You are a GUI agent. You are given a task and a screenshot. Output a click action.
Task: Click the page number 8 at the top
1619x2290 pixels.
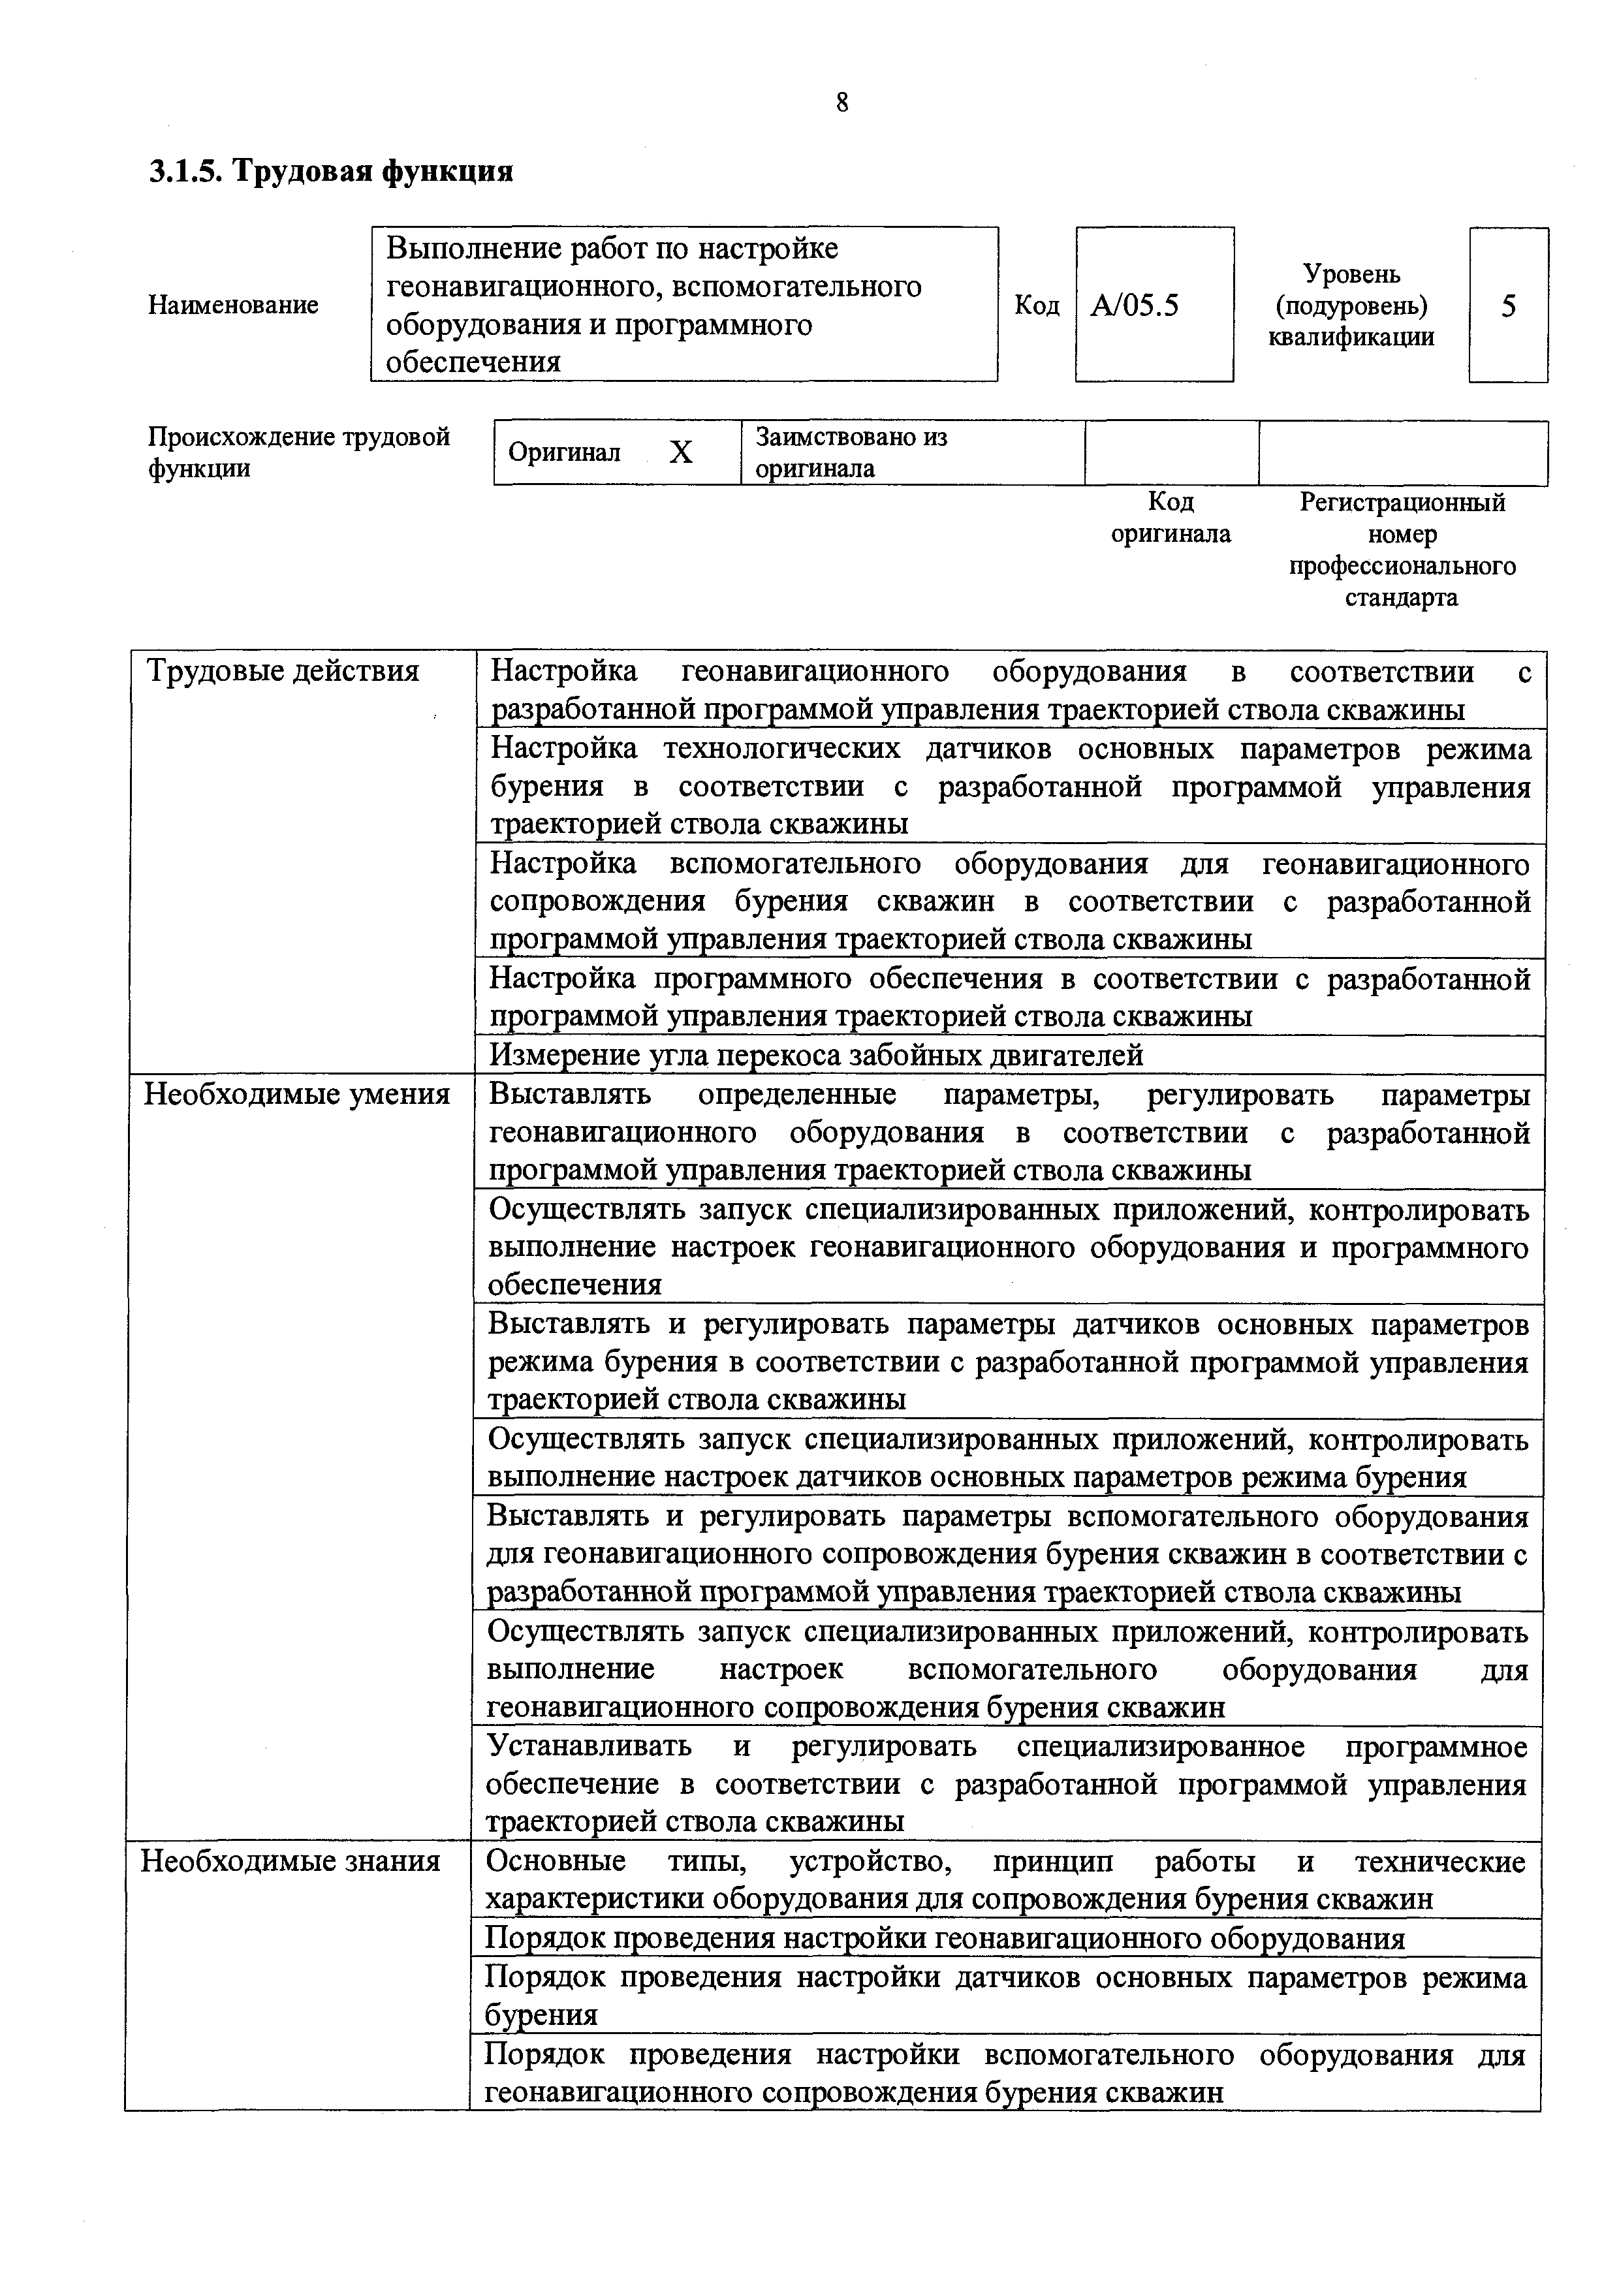tap(842, 102)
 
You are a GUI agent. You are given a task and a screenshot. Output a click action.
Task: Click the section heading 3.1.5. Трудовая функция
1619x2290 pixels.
tap(331, 172)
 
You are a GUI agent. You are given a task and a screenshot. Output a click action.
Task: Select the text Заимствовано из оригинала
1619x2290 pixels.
tap(851, 453)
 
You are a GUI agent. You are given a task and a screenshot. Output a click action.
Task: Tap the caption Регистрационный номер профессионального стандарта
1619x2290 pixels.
tap(1402, 550)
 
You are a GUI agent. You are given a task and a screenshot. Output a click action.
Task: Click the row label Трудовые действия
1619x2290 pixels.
tap(283, 671)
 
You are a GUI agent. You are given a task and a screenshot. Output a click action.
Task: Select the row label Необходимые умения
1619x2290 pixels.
tap(297, 1095)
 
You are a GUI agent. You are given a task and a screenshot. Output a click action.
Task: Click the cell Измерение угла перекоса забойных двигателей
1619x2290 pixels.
tap(816, 1055)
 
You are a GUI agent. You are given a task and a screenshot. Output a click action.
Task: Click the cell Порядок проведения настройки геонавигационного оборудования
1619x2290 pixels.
tap(945, 1938)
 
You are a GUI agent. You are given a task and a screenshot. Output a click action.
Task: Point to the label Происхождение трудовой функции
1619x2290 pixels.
tap(299, 453)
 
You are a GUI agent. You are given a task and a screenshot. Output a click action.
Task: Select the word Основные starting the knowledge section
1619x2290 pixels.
tap(556, 1861)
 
